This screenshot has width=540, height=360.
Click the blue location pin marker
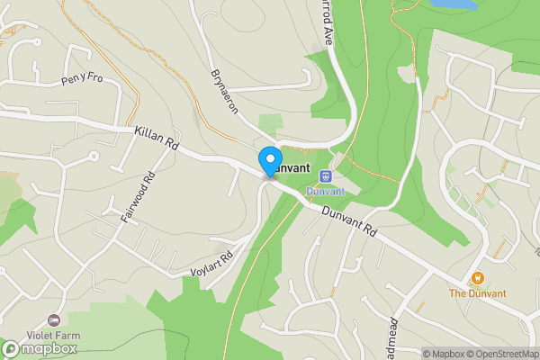[269, 161]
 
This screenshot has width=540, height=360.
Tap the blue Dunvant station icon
[325, 176]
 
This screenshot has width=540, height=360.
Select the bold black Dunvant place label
[291, 167]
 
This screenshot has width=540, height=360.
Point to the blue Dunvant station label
[325, 191]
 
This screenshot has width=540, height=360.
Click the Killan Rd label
[157, 138]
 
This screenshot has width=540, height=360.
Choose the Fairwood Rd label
[138, 197]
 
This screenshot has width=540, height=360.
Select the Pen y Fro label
[83, 80]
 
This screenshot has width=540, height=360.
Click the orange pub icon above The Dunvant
[477, 279]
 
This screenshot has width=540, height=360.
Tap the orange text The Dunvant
[477, 293]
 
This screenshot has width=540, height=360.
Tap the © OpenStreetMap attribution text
[499, 354]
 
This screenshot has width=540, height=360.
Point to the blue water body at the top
[452, 4]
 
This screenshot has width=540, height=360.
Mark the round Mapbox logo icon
[11, 348]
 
